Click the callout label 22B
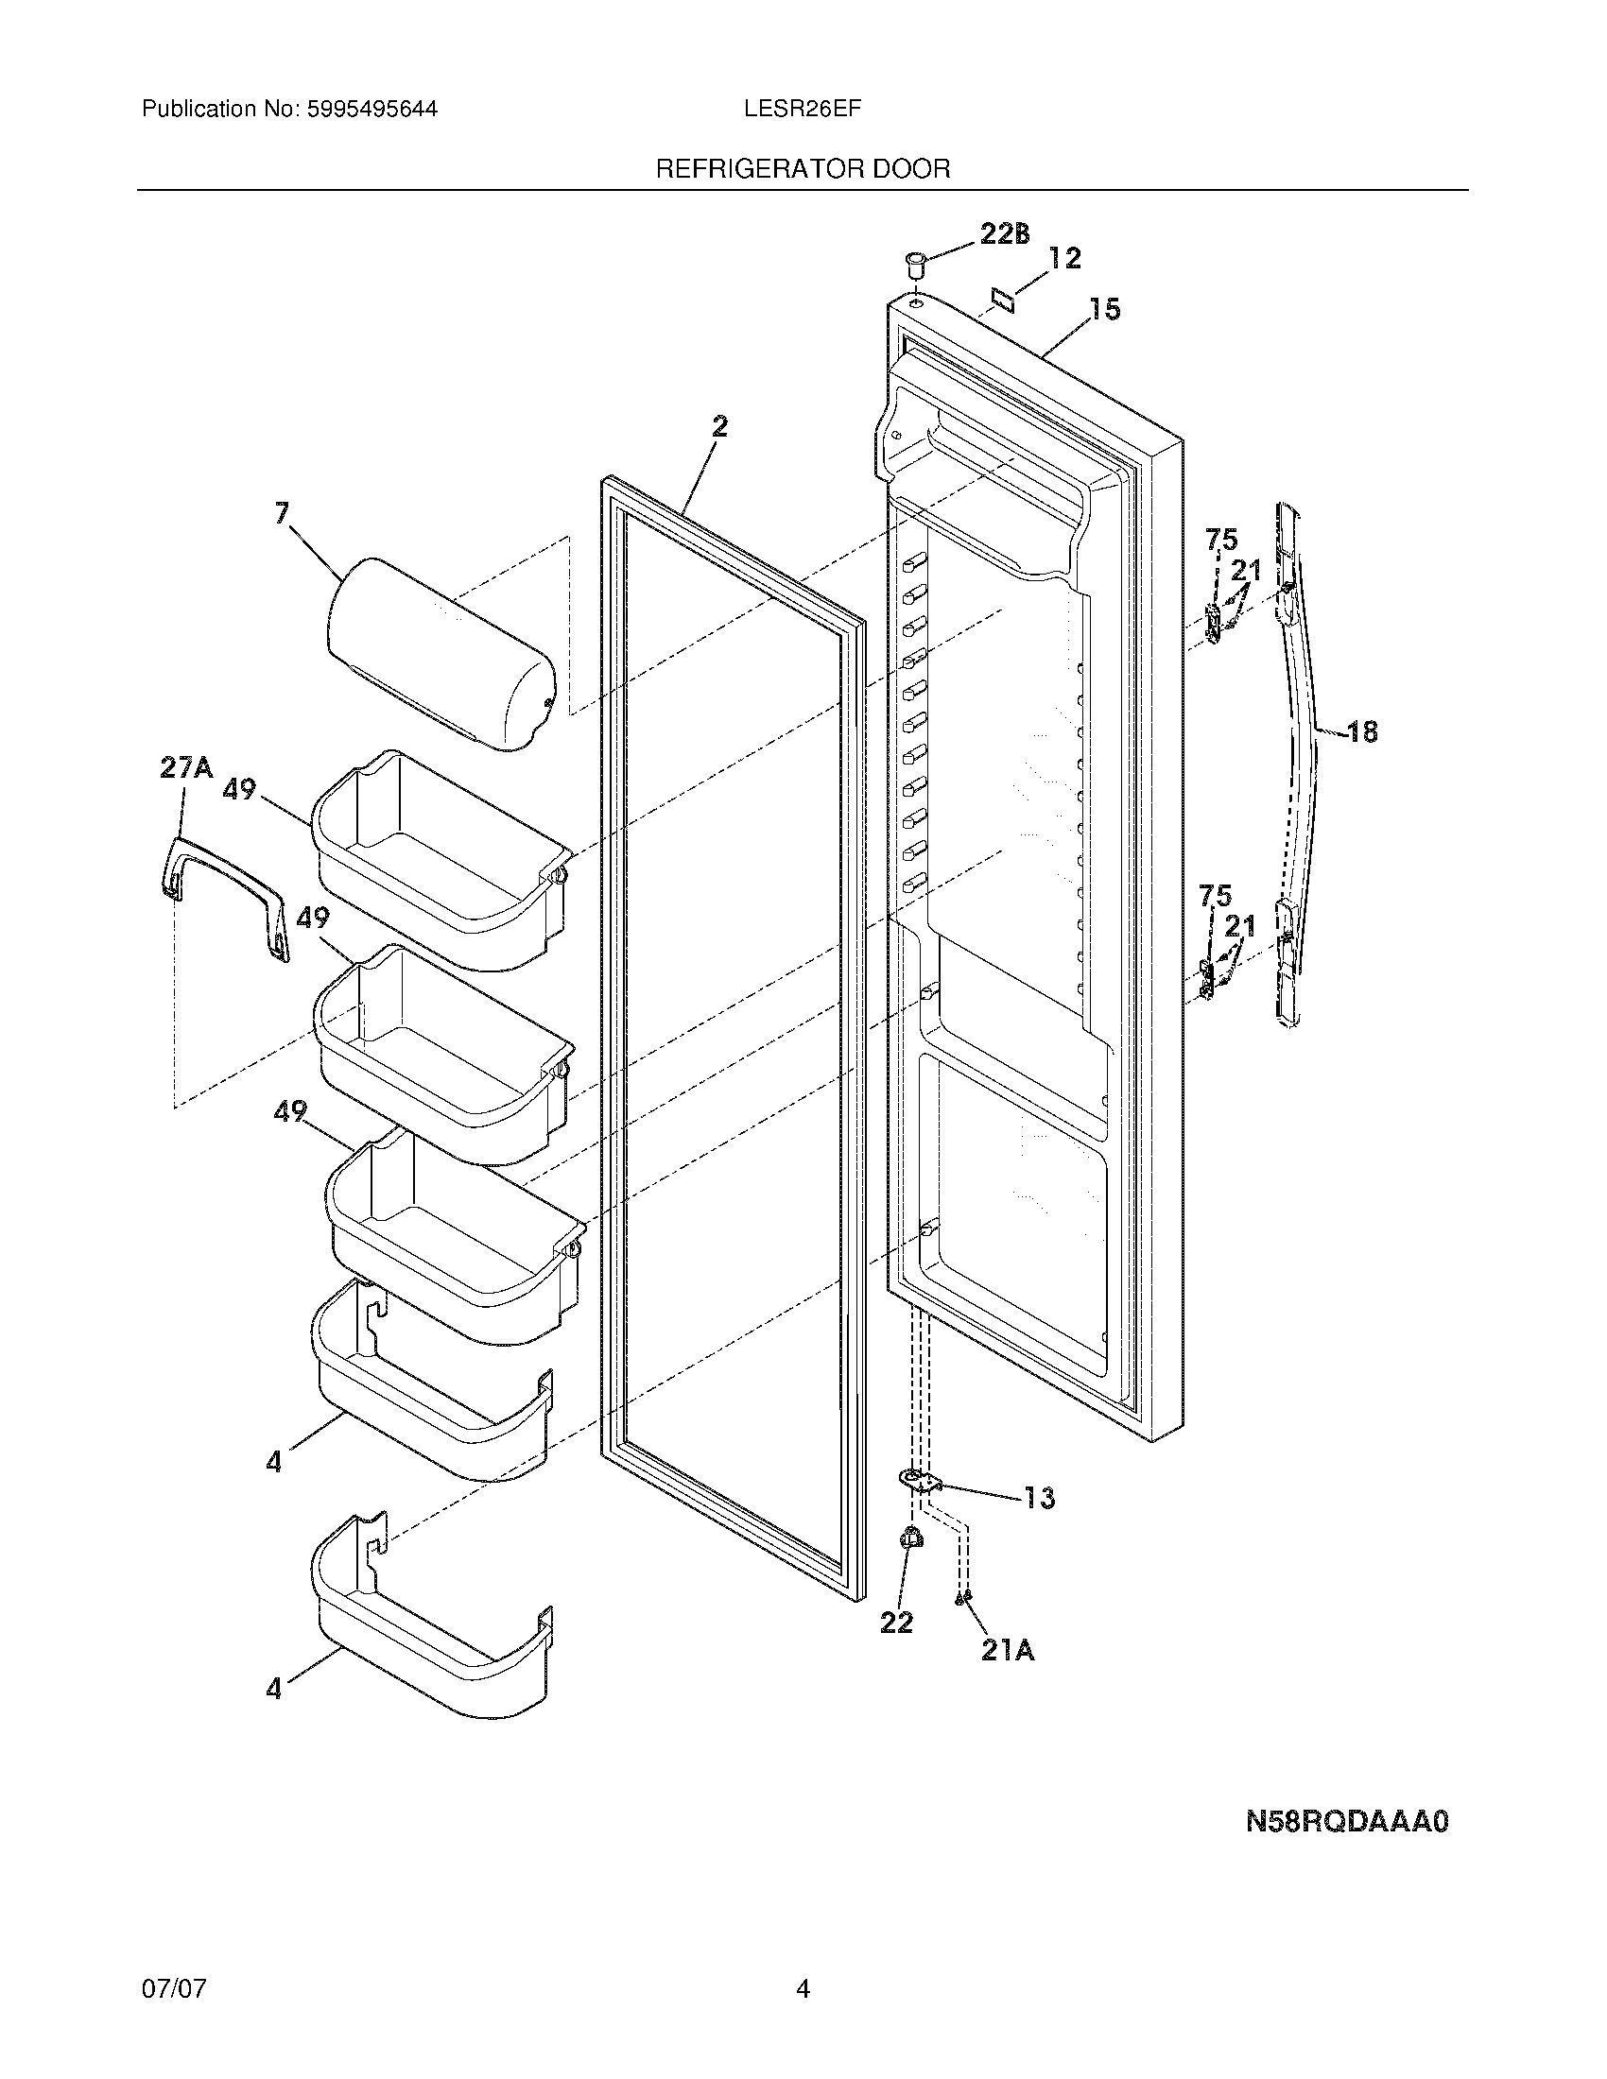coord(1003,234)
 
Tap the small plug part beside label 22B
coord(915,262)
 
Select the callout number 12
coord(1064,258)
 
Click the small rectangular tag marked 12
coord(1000,299)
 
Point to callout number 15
coord(1104,309)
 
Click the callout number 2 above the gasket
coord(719,427)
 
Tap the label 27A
coord(185,767)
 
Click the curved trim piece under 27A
coord(224,890)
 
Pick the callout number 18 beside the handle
coord(1362,731)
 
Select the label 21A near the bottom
coord(1008,1650)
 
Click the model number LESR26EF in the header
coord(803,110)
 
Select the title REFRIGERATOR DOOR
coord(803,169)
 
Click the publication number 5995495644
coord(372,110)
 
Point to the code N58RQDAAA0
coord(1347,1822)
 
